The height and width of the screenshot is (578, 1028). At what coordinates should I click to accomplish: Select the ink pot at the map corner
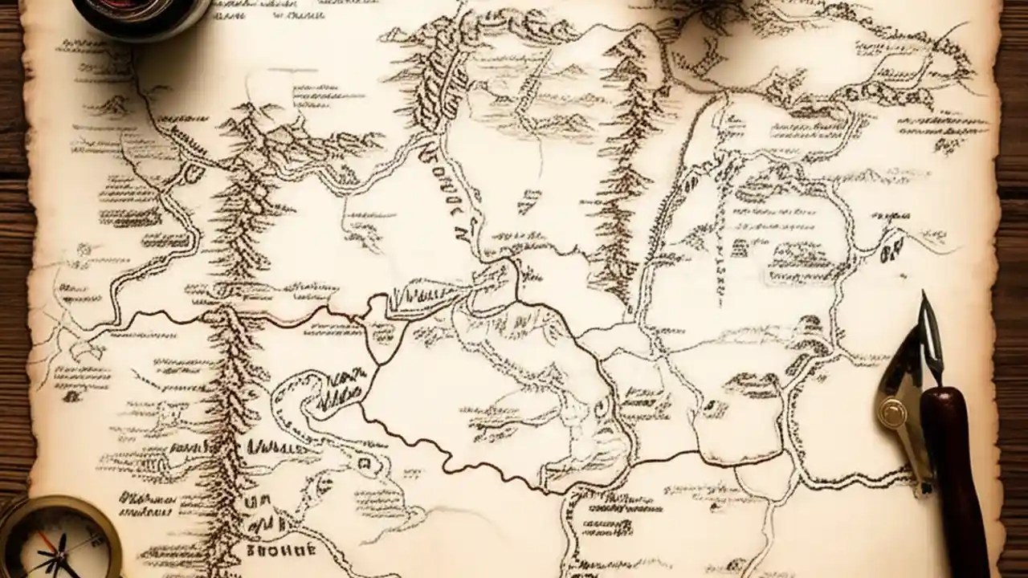[x=145, y=14]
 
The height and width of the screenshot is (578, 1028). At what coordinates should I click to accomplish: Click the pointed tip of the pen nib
[x=924, y=295]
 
